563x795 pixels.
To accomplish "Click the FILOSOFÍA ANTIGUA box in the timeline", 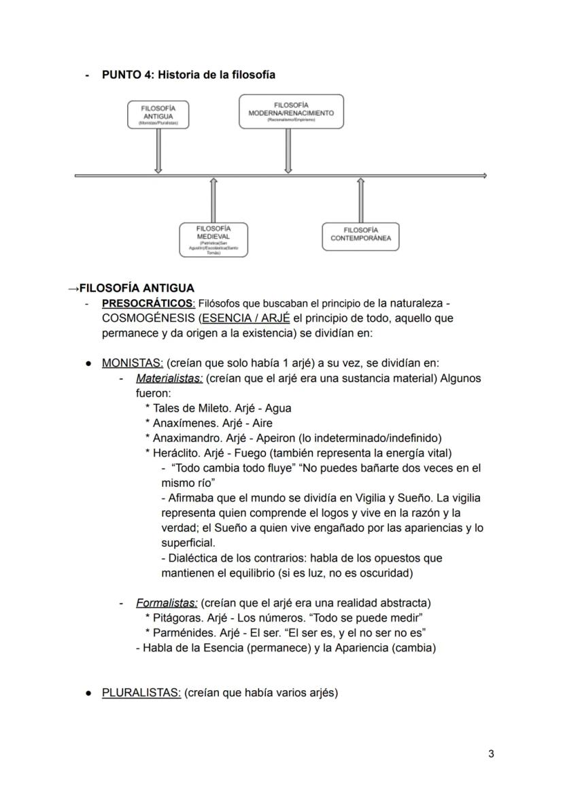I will point(158,114).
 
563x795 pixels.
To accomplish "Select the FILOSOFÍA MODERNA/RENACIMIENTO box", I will point(291,112).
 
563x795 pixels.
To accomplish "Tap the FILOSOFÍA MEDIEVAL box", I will point(214,239).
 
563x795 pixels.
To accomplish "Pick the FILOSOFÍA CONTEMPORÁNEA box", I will point(360,236).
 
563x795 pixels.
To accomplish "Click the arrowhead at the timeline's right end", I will point(483,175).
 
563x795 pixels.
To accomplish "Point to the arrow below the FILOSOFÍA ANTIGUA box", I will point(158,151).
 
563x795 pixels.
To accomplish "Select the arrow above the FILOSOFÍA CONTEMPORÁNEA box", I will point(360,201).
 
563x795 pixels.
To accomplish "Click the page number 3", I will point(491,753).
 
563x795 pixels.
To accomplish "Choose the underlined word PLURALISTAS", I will point(141,692).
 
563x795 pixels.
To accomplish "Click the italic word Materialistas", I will point(169,378).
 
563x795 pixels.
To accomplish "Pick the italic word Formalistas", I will point(167,603).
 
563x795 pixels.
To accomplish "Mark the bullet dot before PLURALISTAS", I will point(89,692).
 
